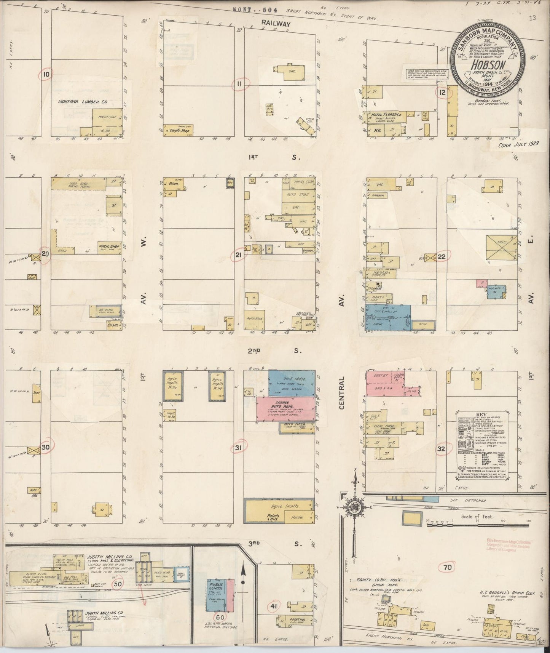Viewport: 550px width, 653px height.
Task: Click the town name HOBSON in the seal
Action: click(x=486, y=65)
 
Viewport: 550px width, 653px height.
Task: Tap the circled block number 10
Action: click(x=46, y=75)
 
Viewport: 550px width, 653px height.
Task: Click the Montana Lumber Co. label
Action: click(x=78, y=102)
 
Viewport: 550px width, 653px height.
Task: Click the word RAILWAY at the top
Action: click(x=276, y=23)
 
